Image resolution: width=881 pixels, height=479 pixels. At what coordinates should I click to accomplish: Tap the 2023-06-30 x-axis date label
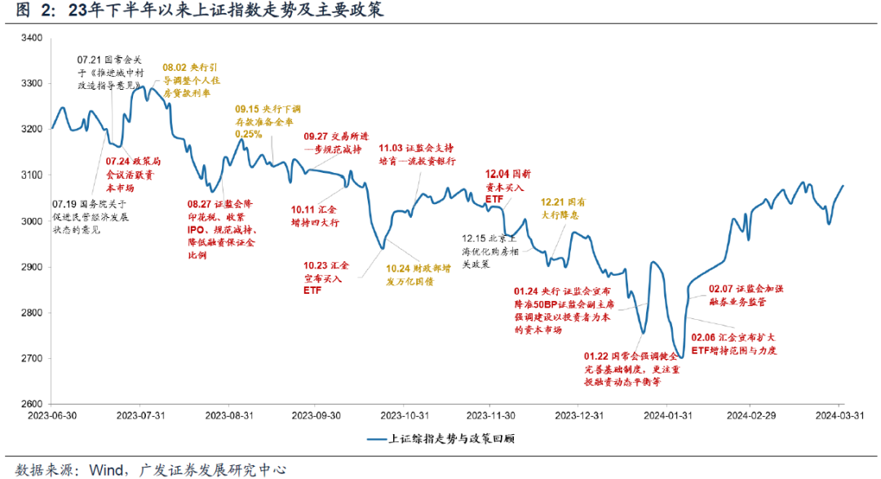[52, 415]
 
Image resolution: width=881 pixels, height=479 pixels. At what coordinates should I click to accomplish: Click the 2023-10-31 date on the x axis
[404, 415]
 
